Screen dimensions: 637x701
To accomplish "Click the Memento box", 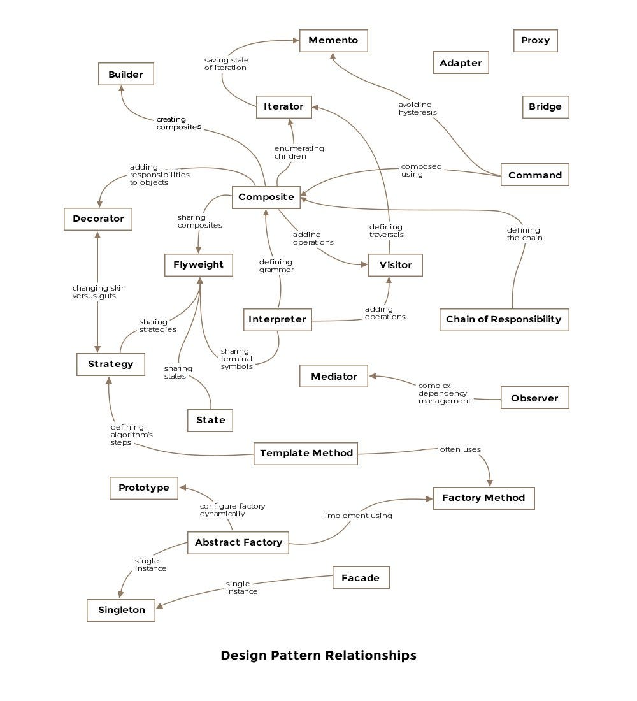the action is pyautogui.click(x=334, y=41).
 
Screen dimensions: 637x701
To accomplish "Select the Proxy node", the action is pyautogui.click(x=535, y=41).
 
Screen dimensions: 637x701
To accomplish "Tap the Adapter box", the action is pyautogui.click(x=461, y=62).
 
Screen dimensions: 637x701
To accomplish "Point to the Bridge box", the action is pyautogui.click(x=545, y=107).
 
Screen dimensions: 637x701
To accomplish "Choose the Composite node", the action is pyautogui.click(x=266, y=197).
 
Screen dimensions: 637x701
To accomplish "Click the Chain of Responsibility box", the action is pyautogui.click(x=505, y=320).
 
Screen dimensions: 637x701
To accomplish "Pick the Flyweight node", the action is pyautogui.click(x=199, y=265).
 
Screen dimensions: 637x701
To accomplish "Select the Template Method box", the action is pyautogui.click(x=306, y=454).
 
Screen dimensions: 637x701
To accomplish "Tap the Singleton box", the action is pyautogui.click(x=121, y=611).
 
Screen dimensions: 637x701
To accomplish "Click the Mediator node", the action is pyautogui.click(x=334, y=376).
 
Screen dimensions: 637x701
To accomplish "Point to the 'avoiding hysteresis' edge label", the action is pyautogui.click(x=417, y=108).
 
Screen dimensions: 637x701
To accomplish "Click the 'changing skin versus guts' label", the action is pyautogui.click(x=99, y=292).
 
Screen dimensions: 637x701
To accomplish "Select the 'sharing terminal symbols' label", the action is pyautogui.click(x=236, y=359).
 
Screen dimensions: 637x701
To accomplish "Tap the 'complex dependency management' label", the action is pyautogui.click(x=445, y=393).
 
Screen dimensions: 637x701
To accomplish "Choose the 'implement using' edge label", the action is pyautogui.click(x=359, y=516).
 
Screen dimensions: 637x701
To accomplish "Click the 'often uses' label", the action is pyautogui.click(x=461, y=450).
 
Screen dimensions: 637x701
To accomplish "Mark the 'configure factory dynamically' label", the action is pyautogui.click(x=233, y=510).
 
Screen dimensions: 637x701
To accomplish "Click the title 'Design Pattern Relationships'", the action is pyautogui.click(x=318, y=655).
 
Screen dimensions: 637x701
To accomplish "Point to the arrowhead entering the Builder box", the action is pyautogui.click(x=121, y=89).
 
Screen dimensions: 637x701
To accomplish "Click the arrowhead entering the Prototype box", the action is pyautogui.click(x=183, y=488).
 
